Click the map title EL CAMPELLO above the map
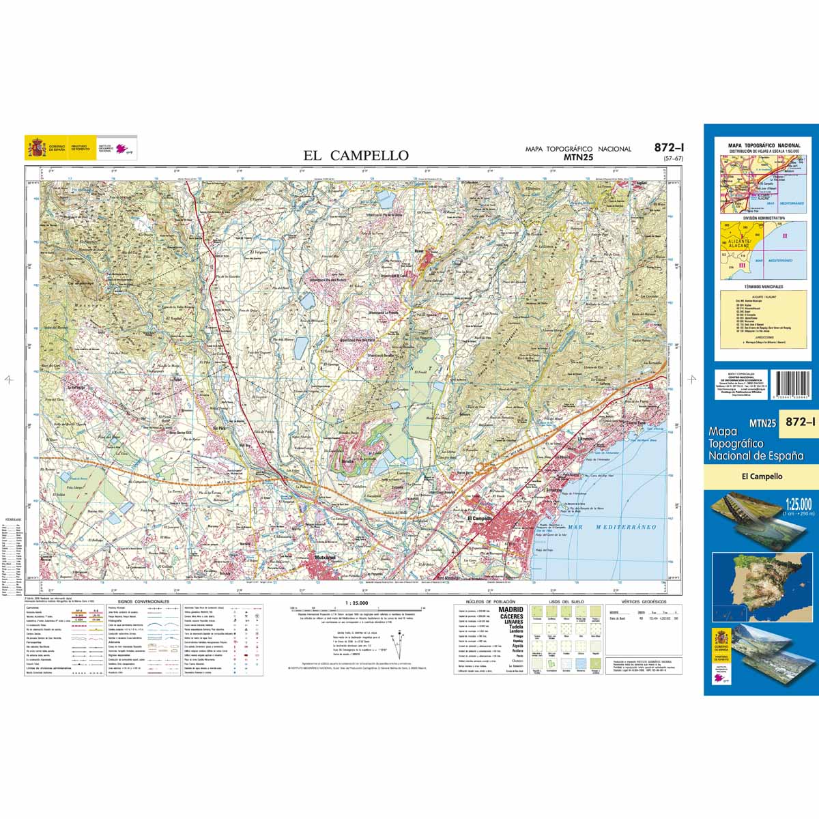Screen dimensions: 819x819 (356, 156)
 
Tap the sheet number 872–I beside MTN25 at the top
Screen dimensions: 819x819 (669, 147)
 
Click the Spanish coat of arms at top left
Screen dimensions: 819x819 (35, 147)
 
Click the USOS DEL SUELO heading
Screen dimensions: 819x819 (563, 602)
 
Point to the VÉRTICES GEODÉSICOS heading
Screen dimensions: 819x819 (644, 602)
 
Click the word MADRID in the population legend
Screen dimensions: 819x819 (511, 609)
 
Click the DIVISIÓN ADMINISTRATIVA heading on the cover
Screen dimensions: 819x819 (764, 218)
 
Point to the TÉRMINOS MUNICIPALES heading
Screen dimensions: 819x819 (764, 287)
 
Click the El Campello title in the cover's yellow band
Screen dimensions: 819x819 (762, 476)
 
